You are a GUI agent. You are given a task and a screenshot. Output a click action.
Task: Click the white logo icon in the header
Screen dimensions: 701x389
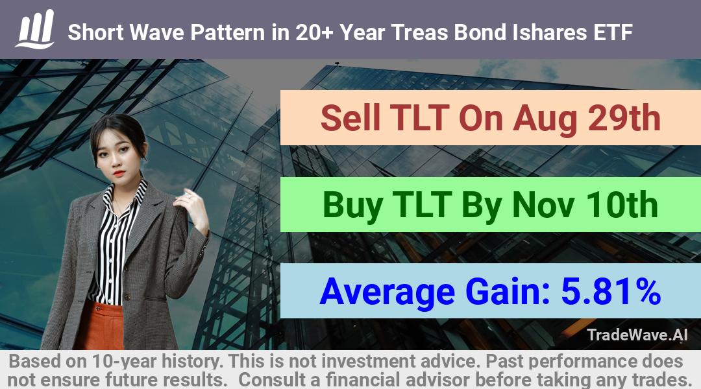(35, 29)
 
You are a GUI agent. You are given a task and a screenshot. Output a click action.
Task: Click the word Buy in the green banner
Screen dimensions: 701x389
(353, 205)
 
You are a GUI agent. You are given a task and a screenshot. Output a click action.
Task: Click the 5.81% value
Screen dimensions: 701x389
(611, 291)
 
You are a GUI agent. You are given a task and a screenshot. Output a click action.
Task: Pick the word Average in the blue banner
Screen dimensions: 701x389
(387, 292)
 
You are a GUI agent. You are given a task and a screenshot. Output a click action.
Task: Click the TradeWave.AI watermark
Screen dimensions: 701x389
(637, 335)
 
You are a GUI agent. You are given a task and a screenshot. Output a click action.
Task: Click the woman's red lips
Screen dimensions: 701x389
(119, 173)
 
